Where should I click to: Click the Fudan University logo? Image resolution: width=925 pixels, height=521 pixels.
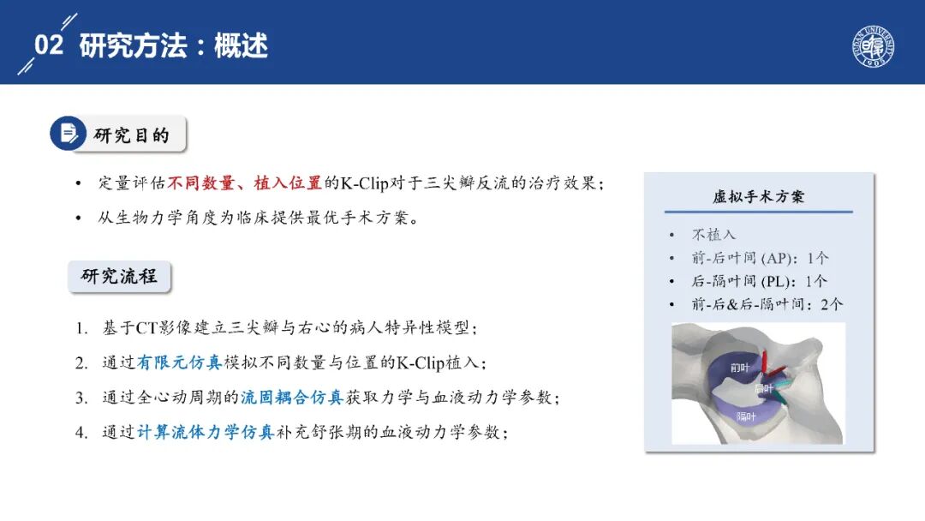[874, 46]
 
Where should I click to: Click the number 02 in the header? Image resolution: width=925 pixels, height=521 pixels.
[48, 45]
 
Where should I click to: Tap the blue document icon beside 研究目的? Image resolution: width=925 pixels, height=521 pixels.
[68, 133]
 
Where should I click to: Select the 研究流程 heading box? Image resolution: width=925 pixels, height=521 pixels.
[119, 276]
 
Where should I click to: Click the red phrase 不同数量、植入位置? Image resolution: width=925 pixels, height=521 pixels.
[245, 183]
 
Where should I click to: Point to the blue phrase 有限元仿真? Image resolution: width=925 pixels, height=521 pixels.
[179, 362]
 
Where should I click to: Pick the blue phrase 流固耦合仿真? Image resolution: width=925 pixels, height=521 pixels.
[292, 397]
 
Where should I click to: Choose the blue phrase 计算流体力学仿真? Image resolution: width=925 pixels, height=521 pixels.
[206, 432]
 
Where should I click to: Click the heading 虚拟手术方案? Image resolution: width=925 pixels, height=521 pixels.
[758, 196]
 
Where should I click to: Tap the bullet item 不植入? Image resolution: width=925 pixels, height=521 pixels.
[713, 235]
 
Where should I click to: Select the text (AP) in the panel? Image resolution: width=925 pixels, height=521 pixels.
[776, 258]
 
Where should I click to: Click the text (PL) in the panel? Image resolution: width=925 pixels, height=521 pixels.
[774, 281]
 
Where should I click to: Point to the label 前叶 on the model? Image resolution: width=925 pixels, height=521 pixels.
[740, 368]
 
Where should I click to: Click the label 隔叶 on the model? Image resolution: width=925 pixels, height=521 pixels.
[746, 416]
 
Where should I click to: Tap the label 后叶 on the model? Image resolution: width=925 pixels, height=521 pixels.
[763, 388]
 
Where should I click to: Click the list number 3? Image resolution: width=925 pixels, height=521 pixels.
[81, 398]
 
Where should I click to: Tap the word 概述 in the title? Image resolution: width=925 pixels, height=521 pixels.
[241, 46]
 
